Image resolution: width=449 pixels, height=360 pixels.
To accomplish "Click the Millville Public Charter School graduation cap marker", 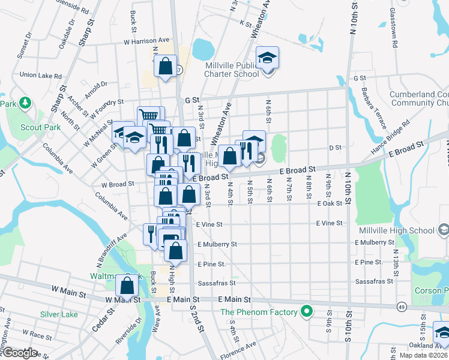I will click(x=268, y=58).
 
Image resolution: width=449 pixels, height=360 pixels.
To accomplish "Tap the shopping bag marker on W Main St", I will click(x=127, y=286).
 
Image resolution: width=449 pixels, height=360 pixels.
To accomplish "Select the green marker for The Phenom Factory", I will click(x=307, y=311).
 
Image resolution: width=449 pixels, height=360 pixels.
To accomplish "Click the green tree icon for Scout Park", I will click(x=25, y=103).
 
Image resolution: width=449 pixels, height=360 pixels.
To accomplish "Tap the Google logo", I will click(x=19, y=353).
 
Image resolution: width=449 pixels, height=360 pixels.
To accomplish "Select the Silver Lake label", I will click(x=59, y=314).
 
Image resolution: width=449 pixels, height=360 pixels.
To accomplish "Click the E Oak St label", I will click(x=330, y=203).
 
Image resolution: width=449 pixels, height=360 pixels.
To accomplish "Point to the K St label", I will click(x=245, y=23).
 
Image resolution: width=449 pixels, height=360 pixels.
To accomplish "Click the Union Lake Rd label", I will click(x=41, y=76).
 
